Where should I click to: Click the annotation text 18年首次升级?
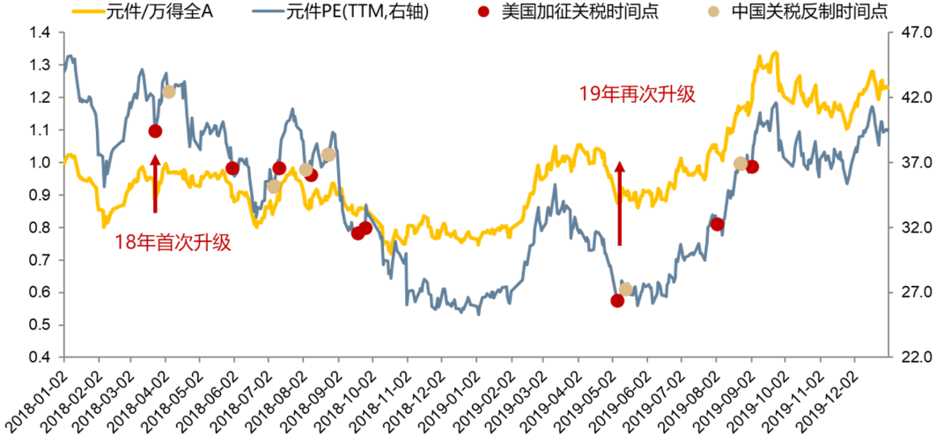point(173,242)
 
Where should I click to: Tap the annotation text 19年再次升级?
point(637,94)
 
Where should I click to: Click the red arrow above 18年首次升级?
point(155,183)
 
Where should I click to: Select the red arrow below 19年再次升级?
point(619,203)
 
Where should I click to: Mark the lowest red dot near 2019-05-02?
point(617,300)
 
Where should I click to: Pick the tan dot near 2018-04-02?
point(169,92)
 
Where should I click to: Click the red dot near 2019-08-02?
point(717,224)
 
